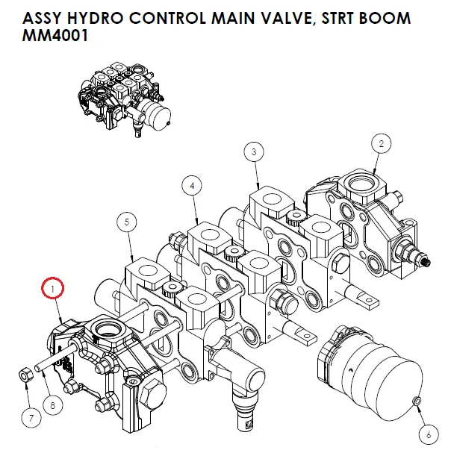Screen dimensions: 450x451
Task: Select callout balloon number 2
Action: pyautogui.click(x=381, y=143)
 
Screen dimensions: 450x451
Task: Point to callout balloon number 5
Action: pyautogui.click(x=127, y=222)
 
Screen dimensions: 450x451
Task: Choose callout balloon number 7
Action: pyautogui.click(x=31, y=418)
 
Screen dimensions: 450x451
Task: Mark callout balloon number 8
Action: pyautogui.click(x=52, y=406)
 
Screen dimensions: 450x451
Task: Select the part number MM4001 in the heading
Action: pyautogui.click(x=46, y=37)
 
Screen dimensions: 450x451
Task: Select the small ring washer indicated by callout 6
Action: pyautogui.click(x=416, y=403)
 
